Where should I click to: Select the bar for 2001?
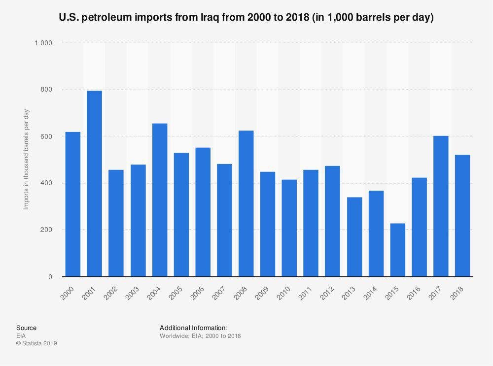(94, 184)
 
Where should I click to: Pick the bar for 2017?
(441, 206)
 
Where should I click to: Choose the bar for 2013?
(354, 237)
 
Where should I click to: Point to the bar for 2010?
(289, 228)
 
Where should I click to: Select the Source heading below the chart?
(26, 328)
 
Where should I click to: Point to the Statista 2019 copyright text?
(36, 343)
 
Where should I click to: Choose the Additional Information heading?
(194, 328)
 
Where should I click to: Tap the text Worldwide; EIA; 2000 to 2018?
(200, 335)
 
